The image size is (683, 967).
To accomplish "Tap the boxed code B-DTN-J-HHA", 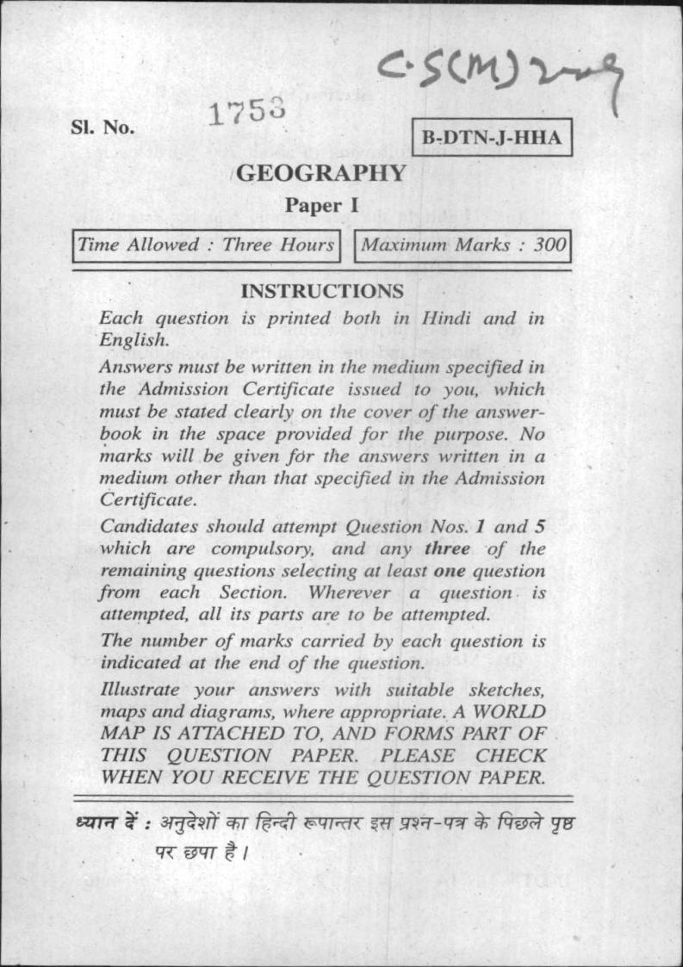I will pos(491,139).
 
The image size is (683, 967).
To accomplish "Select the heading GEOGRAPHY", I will pos(320,173).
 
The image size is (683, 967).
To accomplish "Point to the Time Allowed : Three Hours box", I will pos(206,245).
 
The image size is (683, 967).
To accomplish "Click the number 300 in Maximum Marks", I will pos(550,245).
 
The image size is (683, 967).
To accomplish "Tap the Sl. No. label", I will pos(102,127).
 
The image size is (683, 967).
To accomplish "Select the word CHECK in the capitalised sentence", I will pos(512,755).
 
